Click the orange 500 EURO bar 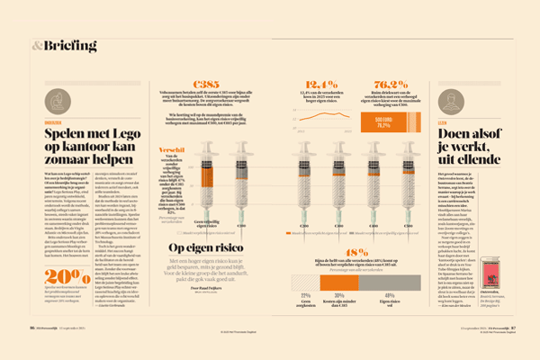click(x=383, y=121)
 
